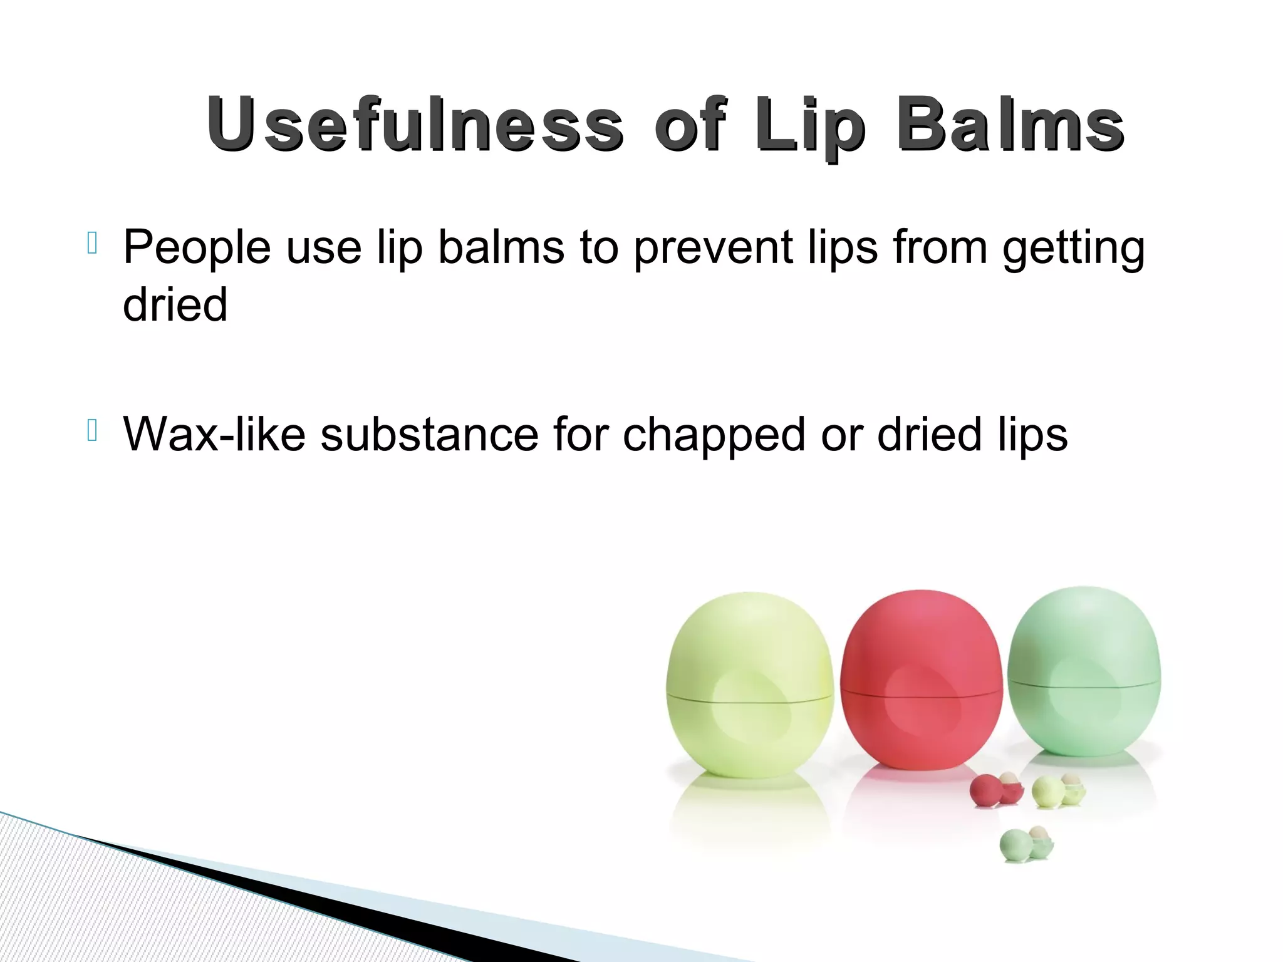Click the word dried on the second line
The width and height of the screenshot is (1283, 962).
point(175,304)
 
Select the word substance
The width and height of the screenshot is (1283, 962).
point(429,434)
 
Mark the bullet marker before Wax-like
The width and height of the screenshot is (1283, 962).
point(92,430)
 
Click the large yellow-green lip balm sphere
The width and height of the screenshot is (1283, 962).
point(749,686)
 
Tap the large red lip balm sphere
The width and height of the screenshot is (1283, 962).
point(921,680)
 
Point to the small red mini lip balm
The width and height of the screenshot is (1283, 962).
point(990,791)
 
